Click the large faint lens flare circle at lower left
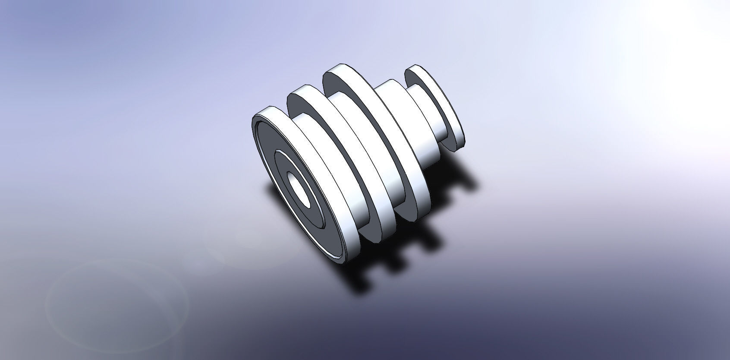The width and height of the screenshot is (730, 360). point(116,298)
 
